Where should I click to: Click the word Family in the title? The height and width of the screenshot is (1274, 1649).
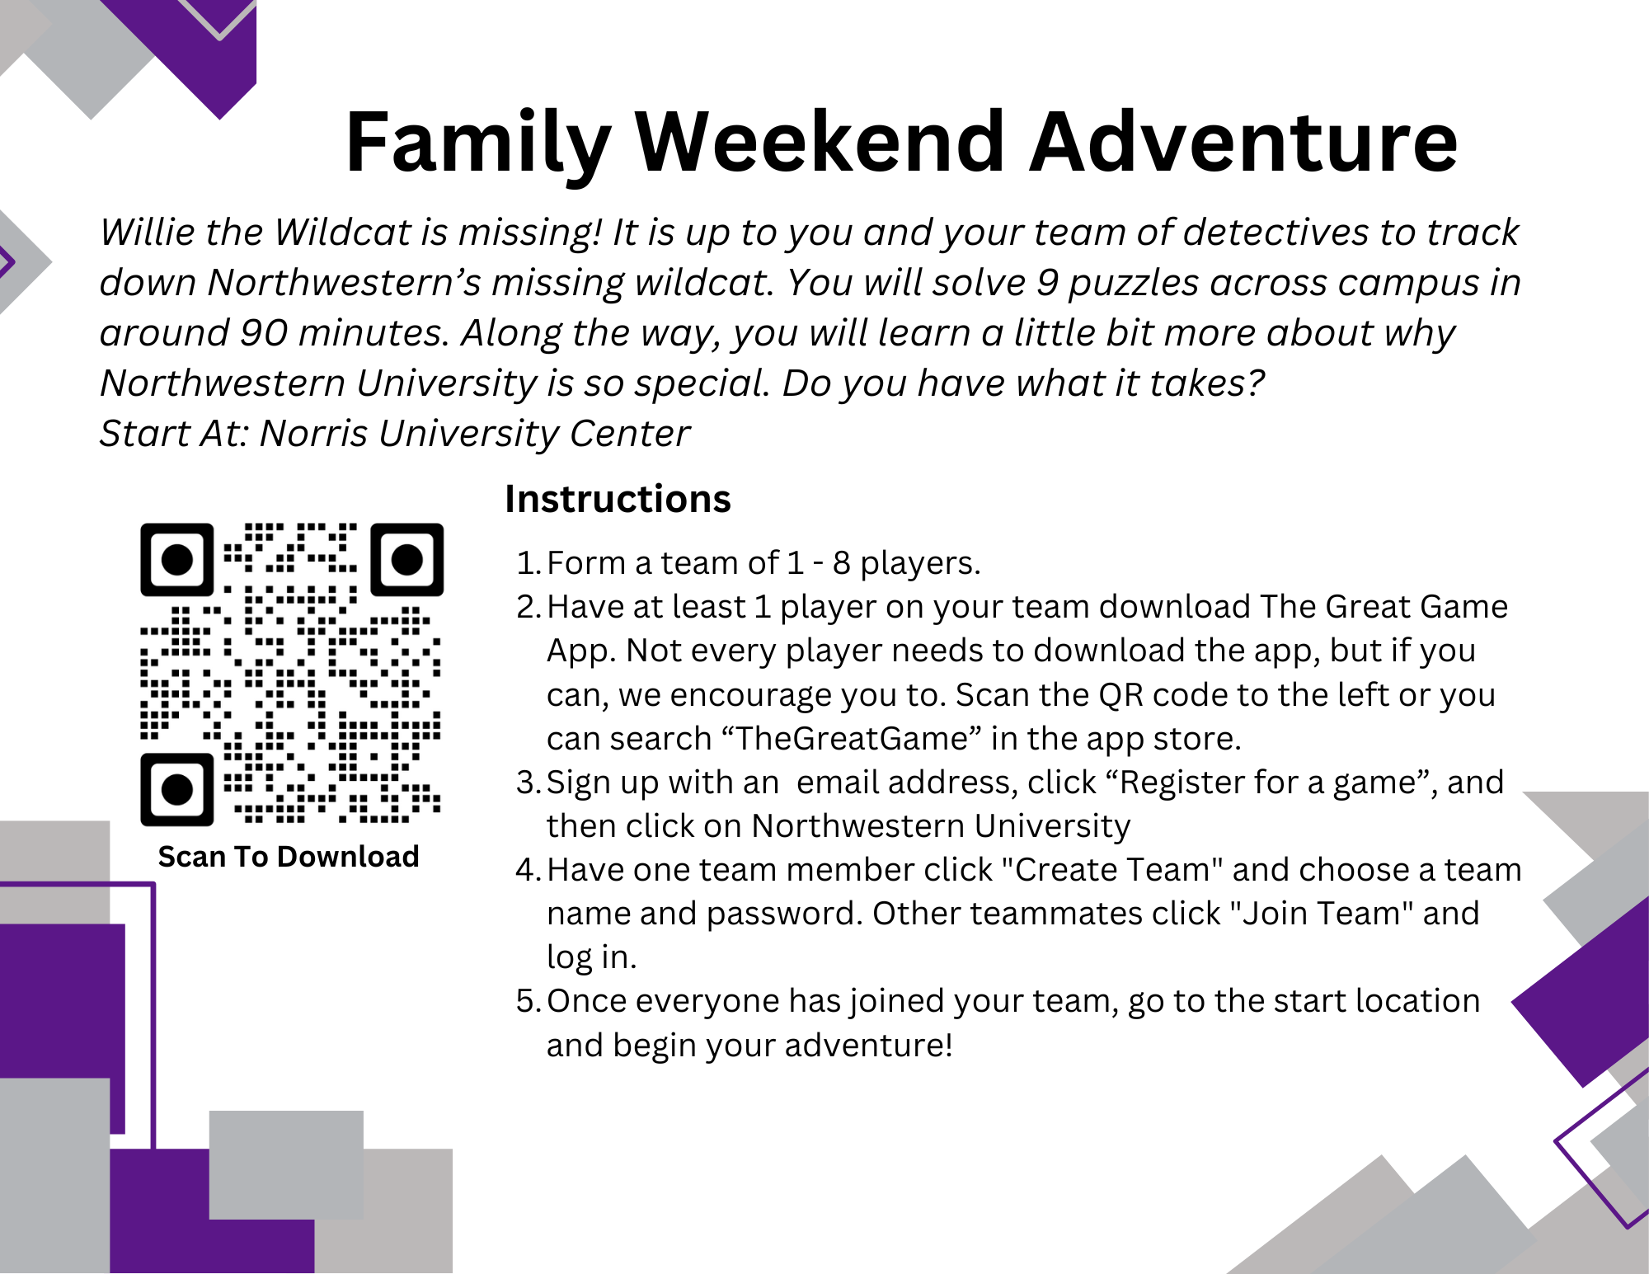tap(478, 144)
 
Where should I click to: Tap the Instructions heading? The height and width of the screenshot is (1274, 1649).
tap(618, 499)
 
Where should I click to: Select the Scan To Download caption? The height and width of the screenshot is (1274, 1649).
tap(289, 857)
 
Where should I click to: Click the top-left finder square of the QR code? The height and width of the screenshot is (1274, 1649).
tap(176, 559)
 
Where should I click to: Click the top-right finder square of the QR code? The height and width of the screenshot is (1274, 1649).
tap(406, 559)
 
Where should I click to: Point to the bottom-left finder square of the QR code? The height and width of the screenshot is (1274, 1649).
tap(176, 789)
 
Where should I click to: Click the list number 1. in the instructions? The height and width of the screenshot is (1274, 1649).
tap(528, 563)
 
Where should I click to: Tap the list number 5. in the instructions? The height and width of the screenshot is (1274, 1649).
tap(528, 1001)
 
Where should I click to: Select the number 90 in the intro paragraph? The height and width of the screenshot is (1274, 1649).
tap(263, 333)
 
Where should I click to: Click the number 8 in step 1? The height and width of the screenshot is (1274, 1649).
tap(841, 563)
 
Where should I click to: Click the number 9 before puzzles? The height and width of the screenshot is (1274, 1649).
tap(1047, 283)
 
